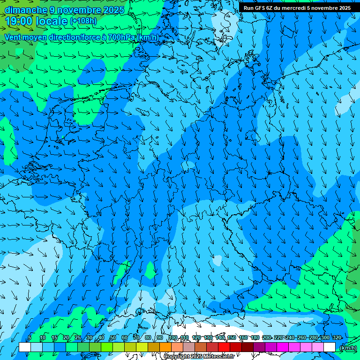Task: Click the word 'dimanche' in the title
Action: pyautogui.click(x=26, y=10)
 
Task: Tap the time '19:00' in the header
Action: pyautogui.click(x=20, y=21)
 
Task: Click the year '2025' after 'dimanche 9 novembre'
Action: pyautogui.click(x=113, y=10)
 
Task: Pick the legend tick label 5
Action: pyautogui.click(x=30, y=338)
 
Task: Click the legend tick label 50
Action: pyautogui.click(x=112, y=338)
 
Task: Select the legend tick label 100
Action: pyautogui.click(x=173, y=338)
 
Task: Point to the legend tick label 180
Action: pyautogui.click(x=255, y=338)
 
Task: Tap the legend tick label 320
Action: pyautogui.click(x=337, y=338)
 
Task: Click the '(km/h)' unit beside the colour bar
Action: pyautogui.click(x=347, y=348)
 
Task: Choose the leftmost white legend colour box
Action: pyautogui.click(x=25, y=347)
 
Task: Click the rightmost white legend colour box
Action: pyautogui.click(x=330, y=347)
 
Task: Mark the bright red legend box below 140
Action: pyautogui.click(x=224, y=347)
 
